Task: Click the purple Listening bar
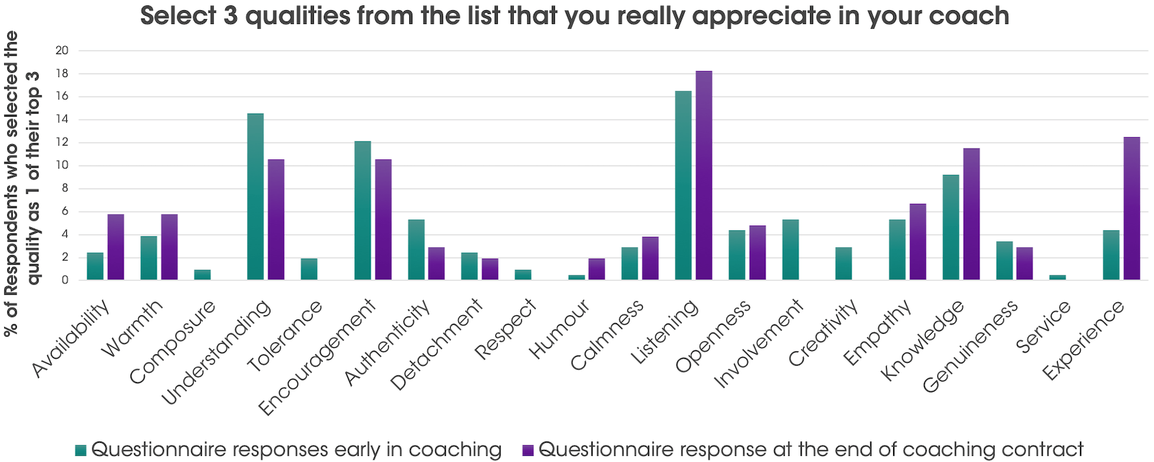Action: [704, 176]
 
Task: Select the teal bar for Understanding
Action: [255, 197]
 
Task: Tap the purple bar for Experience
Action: [1132, 209]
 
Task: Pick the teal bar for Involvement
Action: [790, 250]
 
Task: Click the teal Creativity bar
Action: [844, 263]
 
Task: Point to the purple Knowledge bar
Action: [971, 214]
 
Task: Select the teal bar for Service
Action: [1058, 277]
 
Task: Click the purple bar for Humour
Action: [597, 269]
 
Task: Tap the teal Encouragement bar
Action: [362, 211]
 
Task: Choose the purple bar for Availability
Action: [115, 247]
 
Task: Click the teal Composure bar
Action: [203, 275]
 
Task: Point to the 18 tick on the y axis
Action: [62, 73]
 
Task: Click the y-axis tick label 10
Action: [62, 165]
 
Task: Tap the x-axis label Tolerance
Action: [285, 336]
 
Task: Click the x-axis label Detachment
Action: [436, 345]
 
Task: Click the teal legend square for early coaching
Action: [81, 450]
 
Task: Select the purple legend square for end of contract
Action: [528, 450]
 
